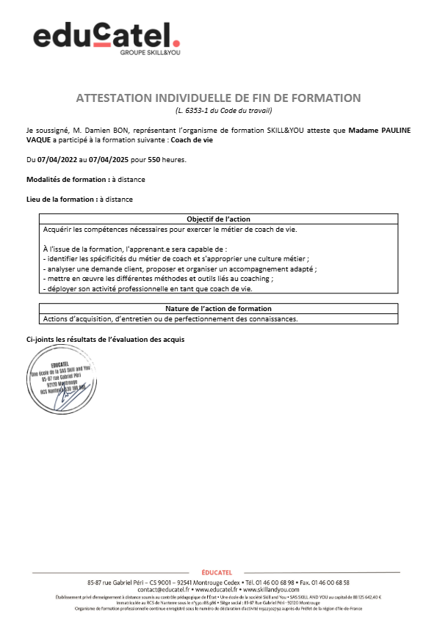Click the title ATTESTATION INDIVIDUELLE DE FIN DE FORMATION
click(218, 98)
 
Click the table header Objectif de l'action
click(218, 219)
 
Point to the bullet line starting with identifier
click(176, 259)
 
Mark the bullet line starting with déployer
click(148, 289)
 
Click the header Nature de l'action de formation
click(218, 309)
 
